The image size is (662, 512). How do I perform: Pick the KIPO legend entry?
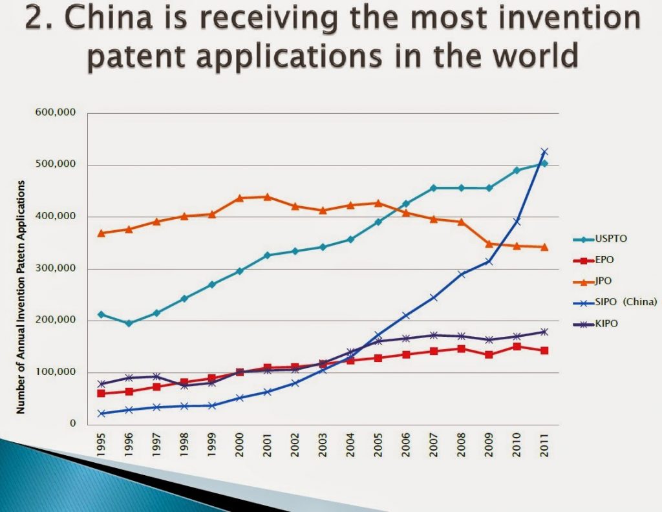click(x=608, y=323)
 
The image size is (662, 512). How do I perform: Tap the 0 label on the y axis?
click(x=73, y=424)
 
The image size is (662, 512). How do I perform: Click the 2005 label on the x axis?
click(x=378, y=445)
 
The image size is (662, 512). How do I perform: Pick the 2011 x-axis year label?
click(x=544, y=445)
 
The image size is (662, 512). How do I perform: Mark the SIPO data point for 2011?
click(x=544, y=152)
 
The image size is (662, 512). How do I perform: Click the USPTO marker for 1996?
click(x=129, y=323)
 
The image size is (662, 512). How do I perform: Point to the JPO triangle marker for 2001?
click(x=267, y=197)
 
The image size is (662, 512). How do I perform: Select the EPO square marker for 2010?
click(x=517, y=347)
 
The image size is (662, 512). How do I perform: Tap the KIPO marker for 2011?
click(x=544, y=332)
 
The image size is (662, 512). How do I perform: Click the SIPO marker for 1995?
click(x=101, y=413)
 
